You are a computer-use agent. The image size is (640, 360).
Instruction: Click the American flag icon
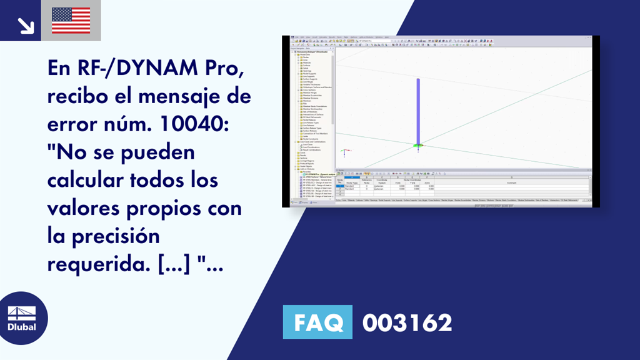[x=71, y=20]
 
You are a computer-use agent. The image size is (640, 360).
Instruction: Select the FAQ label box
[x=317, y=323]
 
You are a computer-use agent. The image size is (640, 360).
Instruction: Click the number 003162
[x=407, y=323]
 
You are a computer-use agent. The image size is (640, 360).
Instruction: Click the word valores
[x=80, y=208]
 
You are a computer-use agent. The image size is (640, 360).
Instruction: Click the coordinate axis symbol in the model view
[x=344, y=152]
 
